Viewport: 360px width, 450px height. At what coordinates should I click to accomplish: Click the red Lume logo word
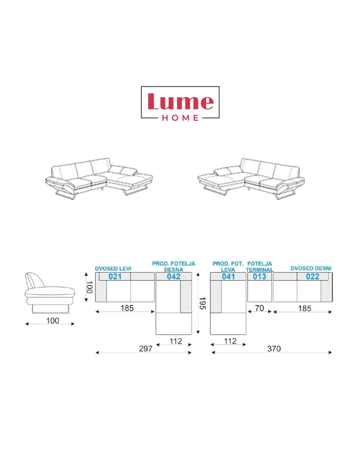[x=180, y=101]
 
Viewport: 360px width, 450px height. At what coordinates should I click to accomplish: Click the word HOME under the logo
[x=180, y=117]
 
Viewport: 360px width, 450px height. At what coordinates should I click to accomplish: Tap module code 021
[x=115, y=276]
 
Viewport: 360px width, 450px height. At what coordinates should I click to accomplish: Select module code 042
[x=174, y=276]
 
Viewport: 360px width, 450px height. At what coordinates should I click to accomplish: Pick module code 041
[x=228, y=276]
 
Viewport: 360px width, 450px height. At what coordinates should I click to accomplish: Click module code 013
[x=260, y=276]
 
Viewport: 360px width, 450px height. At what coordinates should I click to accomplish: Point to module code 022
[x=313, y=276]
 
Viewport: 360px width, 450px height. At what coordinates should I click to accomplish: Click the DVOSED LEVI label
[x=113, y=269]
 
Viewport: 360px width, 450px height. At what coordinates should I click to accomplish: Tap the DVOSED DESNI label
[x=311, y=268]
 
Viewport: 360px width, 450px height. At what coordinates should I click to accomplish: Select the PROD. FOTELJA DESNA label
[x=174, y=266]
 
